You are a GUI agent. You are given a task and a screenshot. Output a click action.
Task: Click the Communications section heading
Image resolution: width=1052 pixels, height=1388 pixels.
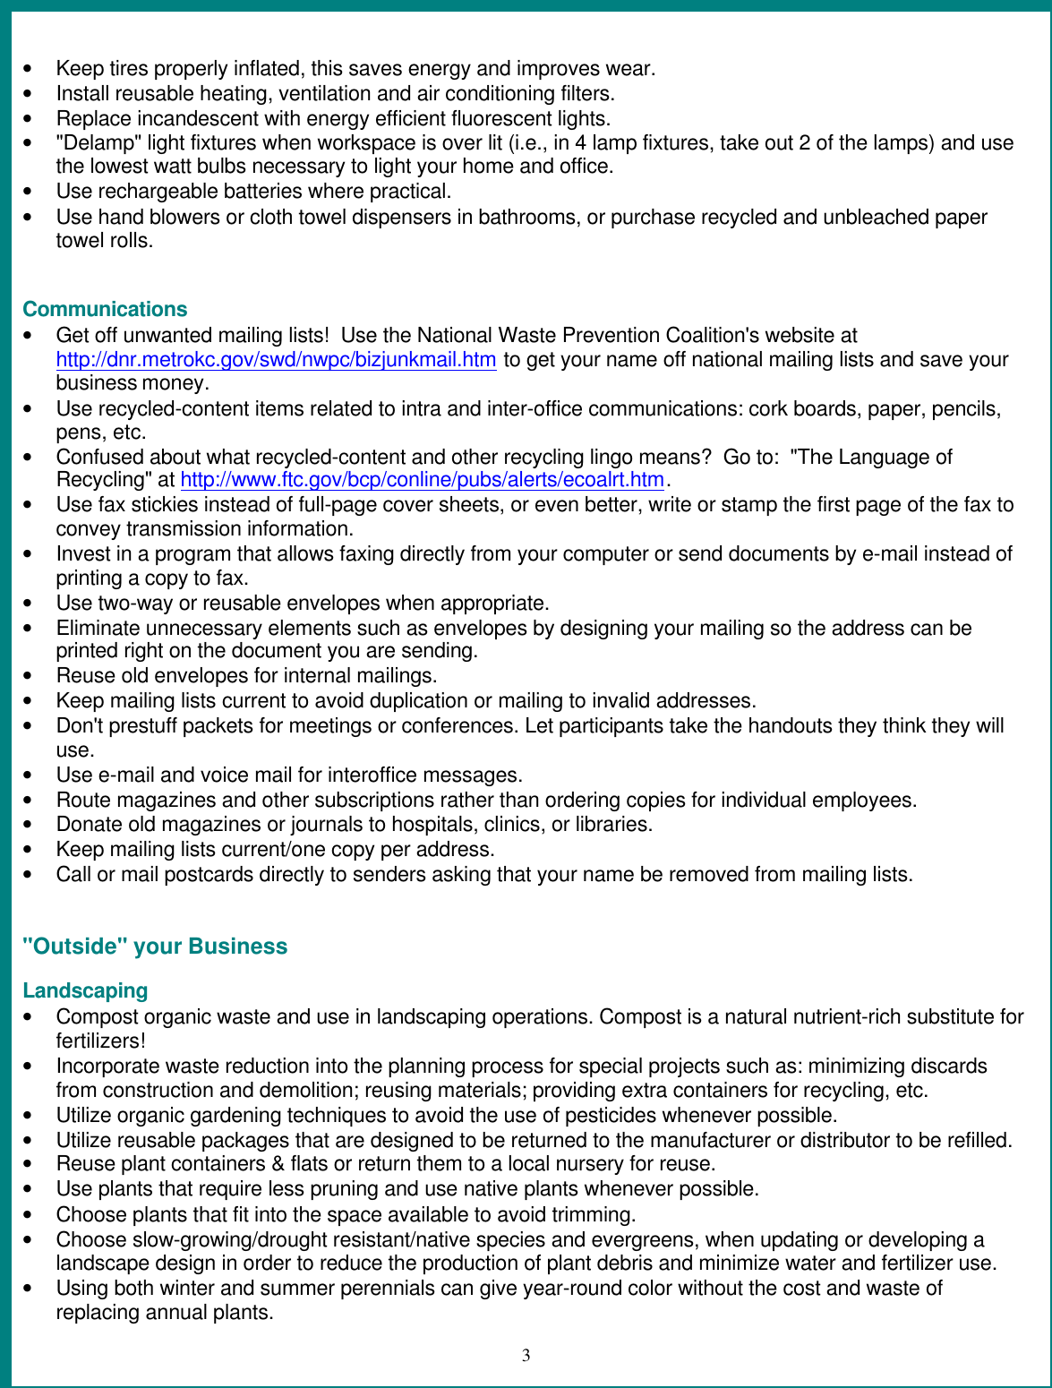click(x=105, y=309)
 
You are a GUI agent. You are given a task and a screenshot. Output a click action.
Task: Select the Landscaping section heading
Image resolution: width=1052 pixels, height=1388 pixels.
click(x=85, y=990)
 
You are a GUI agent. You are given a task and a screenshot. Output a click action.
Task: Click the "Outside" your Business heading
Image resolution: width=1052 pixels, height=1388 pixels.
click(x=155, y=947)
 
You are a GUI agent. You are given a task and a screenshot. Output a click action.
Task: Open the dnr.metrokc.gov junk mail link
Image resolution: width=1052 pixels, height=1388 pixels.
click(x=276, y=360)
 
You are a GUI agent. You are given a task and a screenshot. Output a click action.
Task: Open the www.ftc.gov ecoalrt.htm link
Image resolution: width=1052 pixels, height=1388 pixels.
click(x=423, y=480)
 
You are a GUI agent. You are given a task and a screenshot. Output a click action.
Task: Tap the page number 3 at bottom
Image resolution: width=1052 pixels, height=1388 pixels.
click(x=526, y=1355)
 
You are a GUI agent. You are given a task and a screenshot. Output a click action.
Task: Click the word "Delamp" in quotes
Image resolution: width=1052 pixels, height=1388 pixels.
click(x=98, y=143)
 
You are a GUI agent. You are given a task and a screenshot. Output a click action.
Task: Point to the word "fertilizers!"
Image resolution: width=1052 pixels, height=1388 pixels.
click(x=100, y=1041)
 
